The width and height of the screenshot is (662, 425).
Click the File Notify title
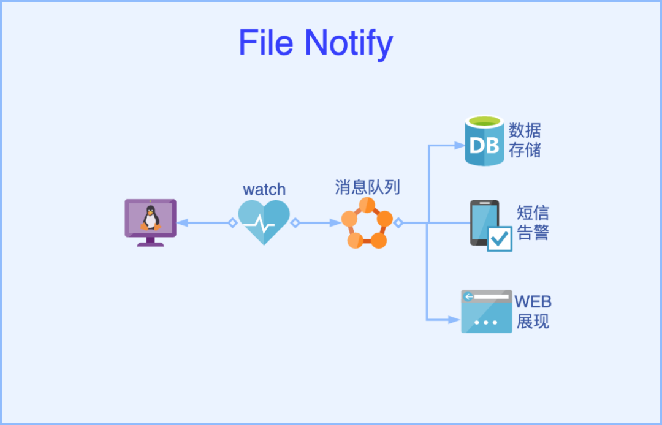pos(316,43)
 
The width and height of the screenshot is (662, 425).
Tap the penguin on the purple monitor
pos(150,218)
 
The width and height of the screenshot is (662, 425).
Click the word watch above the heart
pos(264,189)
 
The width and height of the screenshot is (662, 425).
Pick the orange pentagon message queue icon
pos(367,223)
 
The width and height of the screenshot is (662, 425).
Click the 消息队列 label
pos(367,187)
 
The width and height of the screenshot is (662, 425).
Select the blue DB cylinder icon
pos(484,141)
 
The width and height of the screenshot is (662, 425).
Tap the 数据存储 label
pos(524,140)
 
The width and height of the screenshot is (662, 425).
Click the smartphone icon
pos(485,223)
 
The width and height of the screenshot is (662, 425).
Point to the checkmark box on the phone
pos(500,239)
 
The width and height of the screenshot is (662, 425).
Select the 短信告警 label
pos(533,223)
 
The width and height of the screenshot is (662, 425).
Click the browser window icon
pos(486,312)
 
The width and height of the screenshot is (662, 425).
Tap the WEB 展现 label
pos(533,312)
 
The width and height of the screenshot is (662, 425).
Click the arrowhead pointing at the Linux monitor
pos(182,223)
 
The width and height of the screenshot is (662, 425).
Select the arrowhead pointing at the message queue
pos(336,223)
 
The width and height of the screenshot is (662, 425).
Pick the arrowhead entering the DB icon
pos(459,146)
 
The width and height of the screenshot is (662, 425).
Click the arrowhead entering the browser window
pos(455,320)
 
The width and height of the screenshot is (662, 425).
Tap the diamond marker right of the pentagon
pos(398,223)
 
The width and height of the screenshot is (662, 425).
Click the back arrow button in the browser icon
pos(468,297)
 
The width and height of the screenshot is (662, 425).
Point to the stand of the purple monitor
pos(150,242)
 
